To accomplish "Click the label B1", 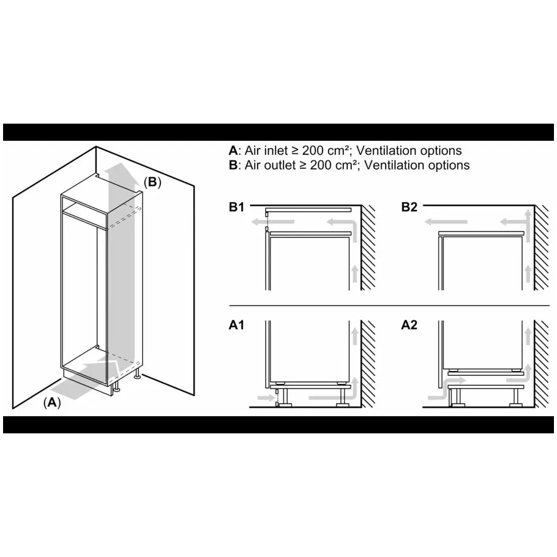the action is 237,207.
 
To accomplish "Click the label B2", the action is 409,207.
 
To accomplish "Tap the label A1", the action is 237,325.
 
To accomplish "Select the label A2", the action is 409,325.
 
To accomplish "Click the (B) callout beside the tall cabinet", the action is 152,182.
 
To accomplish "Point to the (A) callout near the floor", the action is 52,403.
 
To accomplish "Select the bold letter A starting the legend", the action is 233,151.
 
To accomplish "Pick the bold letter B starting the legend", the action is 233,165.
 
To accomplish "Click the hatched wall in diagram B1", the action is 368,248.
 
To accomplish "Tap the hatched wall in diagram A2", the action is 541,364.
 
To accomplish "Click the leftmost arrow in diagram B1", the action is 272,222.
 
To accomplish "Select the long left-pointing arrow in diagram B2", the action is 446,222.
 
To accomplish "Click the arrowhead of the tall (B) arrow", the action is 122,171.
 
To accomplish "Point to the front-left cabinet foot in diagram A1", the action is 285,405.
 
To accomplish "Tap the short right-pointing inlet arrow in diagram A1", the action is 266,397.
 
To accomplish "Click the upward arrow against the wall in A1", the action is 354,335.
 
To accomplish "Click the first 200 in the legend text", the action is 313,151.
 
